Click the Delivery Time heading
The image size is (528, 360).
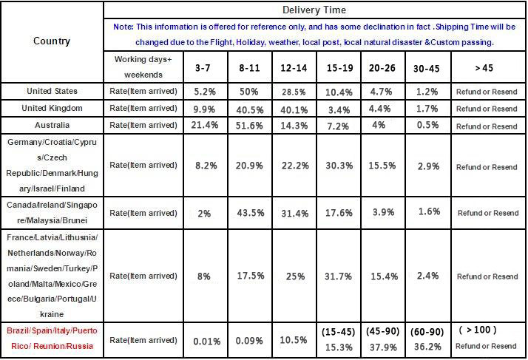coord(314,10)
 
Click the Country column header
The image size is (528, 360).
coord(52,41)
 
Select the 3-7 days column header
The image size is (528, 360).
coord(204,68)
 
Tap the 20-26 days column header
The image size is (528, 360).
coord(382,68)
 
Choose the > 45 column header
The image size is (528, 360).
coord(487,68)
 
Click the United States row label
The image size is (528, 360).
coord(52,91)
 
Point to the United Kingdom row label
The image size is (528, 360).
coord(52,108)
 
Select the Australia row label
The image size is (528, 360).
coord(52,125)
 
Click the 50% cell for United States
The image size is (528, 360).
coord(248,92)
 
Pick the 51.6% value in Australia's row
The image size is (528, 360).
coord(248,126)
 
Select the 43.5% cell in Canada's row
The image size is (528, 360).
coord(248,214)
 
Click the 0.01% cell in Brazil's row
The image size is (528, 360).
coord(204,341)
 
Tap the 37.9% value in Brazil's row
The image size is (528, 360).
coord(382,346)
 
